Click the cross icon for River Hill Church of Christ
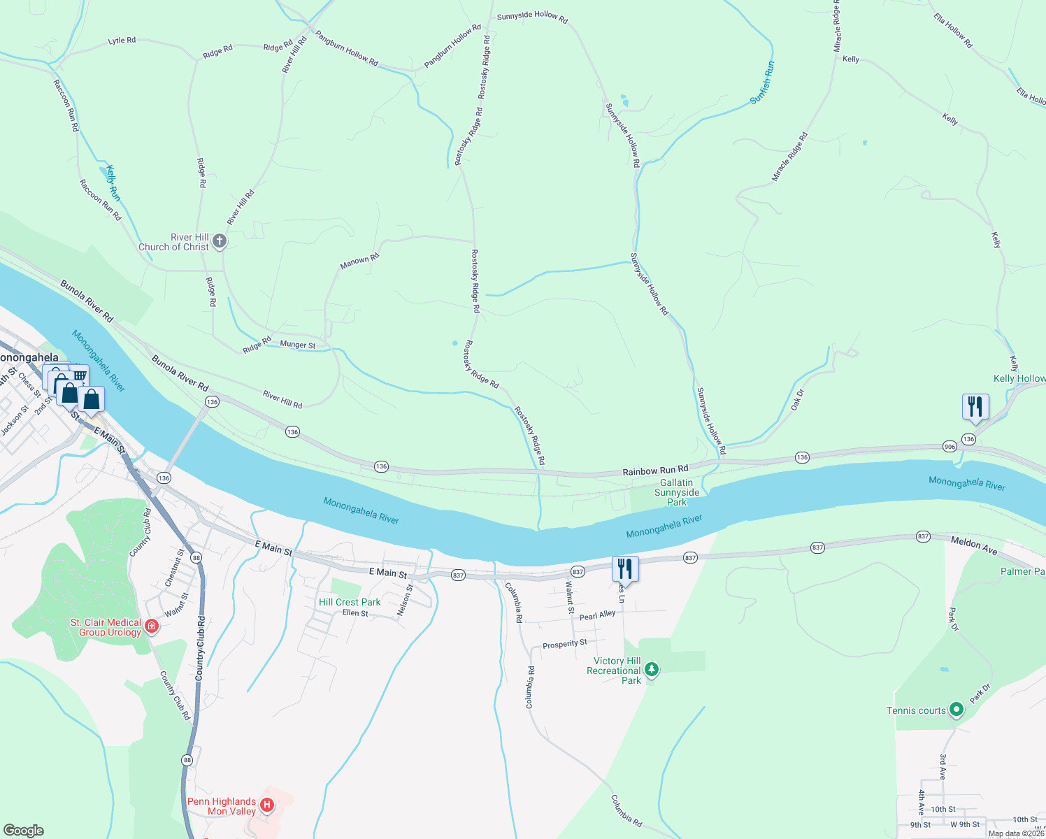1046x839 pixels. coord(220,242)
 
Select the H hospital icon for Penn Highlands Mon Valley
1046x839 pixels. coord(266,805)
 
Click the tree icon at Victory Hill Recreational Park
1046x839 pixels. coord(652,670)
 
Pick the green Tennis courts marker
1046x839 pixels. coord(957,710)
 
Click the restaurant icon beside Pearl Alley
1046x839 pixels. coord(625,569)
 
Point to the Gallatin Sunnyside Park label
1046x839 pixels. coord(676,492)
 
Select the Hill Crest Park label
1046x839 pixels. coord(350,602)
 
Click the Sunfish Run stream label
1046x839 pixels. coord(762,83)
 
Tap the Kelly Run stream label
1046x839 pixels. coord(113,183)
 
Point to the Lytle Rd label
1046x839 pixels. coord(122,41)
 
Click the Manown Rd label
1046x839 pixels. coord(359,261)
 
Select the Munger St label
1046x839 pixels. coord(298,345)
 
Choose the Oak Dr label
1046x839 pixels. coord(798,399)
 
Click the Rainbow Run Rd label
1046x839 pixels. coord(655,471)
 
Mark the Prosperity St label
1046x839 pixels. coord(565,644)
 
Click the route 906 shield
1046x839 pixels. coord(949,446)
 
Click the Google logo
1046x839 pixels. coord(24,830)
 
